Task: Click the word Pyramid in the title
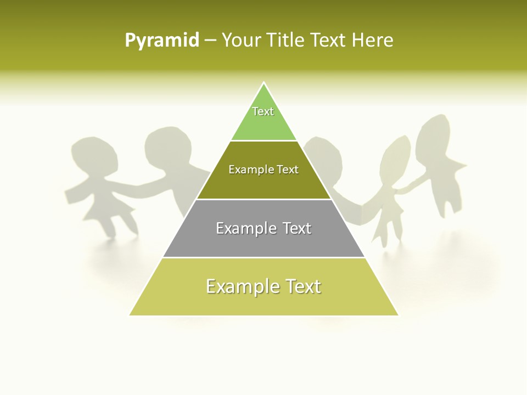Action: pos(162,41)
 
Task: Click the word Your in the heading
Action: pos(242,41)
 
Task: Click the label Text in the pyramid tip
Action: pos(263,111)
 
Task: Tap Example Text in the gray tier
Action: pos(263,228)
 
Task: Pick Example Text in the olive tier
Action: pos(263,170)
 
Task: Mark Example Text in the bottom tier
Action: pos(263,286)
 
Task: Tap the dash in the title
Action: pos(210,41)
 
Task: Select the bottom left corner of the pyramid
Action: pos(130,315)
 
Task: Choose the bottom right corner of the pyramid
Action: pos(398,315)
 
